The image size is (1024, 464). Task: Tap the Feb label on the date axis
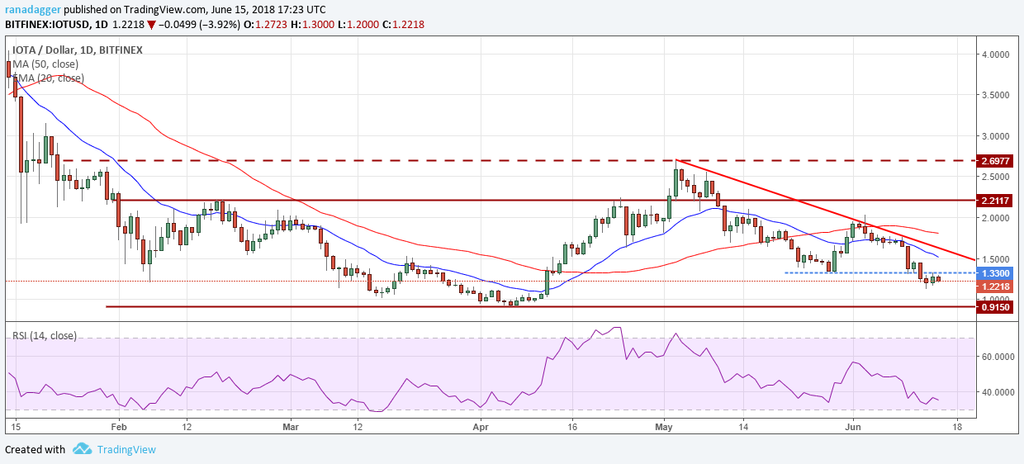pyautogui.click(x=118, y=426)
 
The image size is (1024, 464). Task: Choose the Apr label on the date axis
pyautogui.click(x=481, y=426)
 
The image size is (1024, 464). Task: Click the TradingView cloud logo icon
pyautogui.click(x=82, y=449)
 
